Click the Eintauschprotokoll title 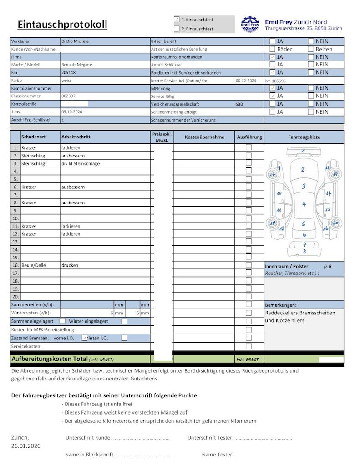point(62,25)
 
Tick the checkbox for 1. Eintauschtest point(177,20)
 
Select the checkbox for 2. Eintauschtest point(177,29)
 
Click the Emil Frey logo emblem point(249,24)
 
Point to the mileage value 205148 point(69,72)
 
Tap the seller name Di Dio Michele point(75,41)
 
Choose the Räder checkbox point(272,49)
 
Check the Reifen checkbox point(311,49)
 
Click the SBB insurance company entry point(239,104)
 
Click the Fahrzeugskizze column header point(304,137)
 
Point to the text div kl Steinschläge point(81,163)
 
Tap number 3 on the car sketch point(304,186)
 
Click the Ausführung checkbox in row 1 point(249,147)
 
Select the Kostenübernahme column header point(204,137)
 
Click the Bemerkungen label point(281,305)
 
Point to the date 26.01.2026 point(26,446)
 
